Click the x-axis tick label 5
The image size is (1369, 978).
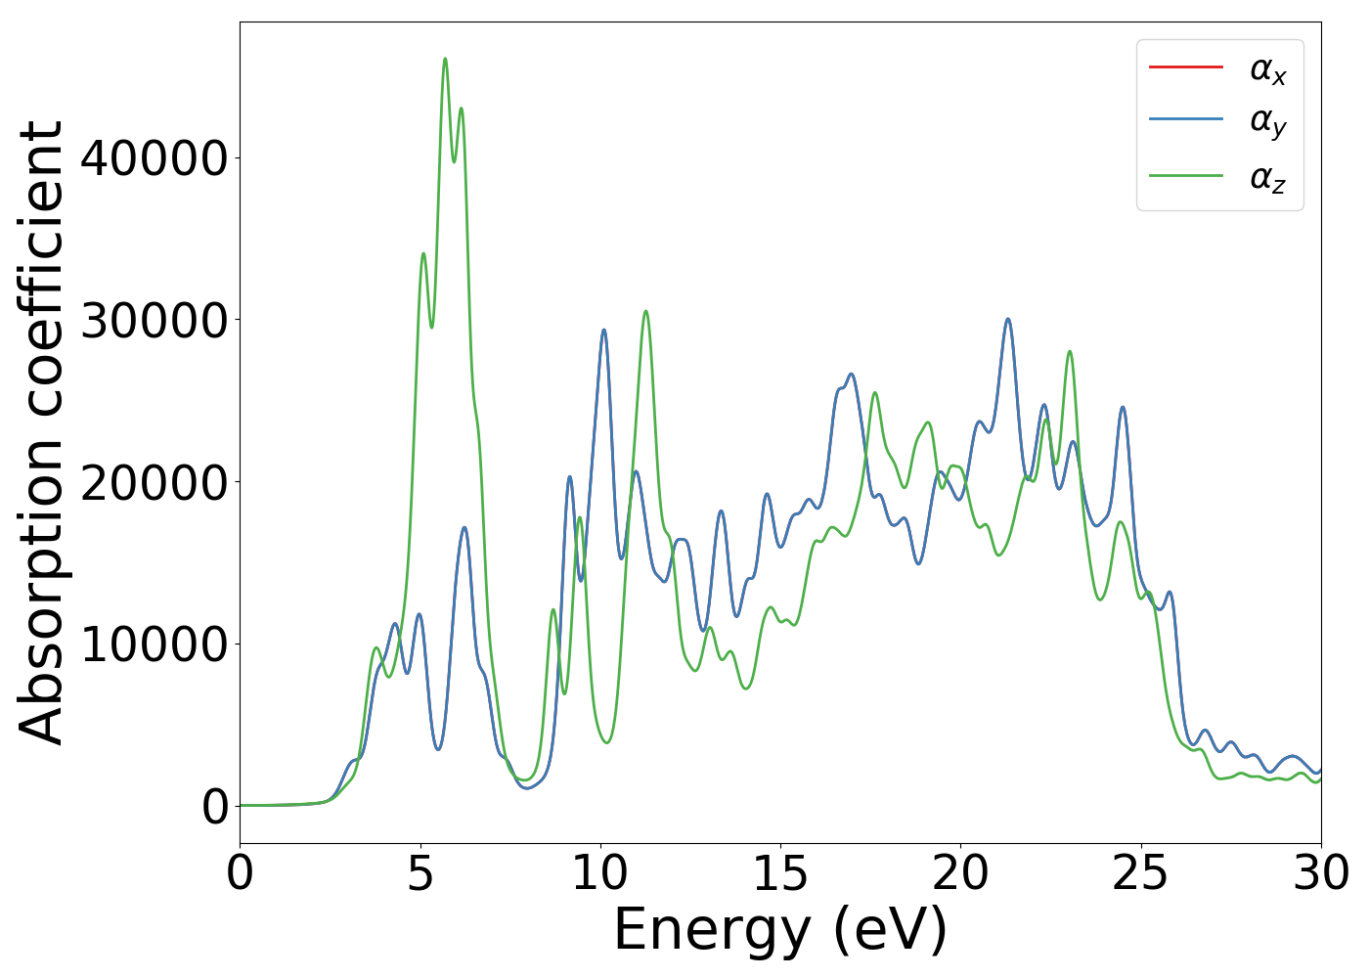click(420, 873)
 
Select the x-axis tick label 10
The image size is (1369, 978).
click(600, 873)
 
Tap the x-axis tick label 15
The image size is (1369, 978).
click(780, 873)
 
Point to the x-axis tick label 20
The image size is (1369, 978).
click(960, 873)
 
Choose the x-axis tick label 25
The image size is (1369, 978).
click(1140, 873)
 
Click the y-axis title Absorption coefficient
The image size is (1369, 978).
click(41, 432)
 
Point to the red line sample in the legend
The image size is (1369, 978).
click(1186, 67)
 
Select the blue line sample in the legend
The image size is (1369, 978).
click(1186, 119)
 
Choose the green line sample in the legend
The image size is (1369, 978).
click(1186, 175)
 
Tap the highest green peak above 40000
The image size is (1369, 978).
click(445, 59)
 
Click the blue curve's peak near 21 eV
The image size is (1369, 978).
click(1008, 319)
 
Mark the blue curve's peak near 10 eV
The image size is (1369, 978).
click(604, 330)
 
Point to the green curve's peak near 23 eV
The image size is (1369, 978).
click(1070, 351)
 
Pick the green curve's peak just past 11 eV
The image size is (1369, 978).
click(645, 311)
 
